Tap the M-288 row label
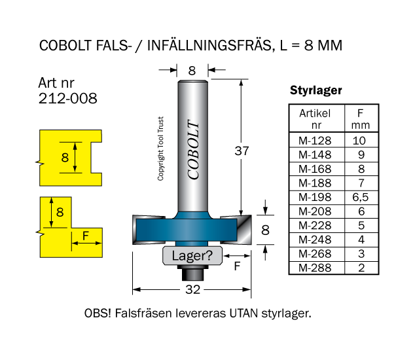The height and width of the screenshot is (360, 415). [315, 268]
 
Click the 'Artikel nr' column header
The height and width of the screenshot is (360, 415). [315, 118]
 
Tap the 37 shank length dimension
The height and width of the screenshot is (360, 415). [242, 151]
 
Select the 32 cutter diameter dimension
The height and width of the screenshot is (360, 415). [192, 289]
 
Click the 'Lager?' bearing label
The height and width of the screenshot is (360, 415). [191, 255]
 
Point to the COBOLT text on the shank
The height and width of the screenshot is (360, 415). [194, 150]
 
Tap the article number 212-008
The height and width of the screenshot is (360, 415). [68, 99]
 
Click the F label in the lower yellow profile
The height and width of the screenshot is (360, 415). [86, 236]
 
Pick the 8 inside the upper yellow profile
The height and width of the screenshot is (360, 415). [64, 157]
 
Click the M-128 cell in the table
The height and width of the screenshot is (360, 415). [315, 141]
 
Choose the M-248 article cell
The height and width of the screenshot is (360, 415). [315, 240]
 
